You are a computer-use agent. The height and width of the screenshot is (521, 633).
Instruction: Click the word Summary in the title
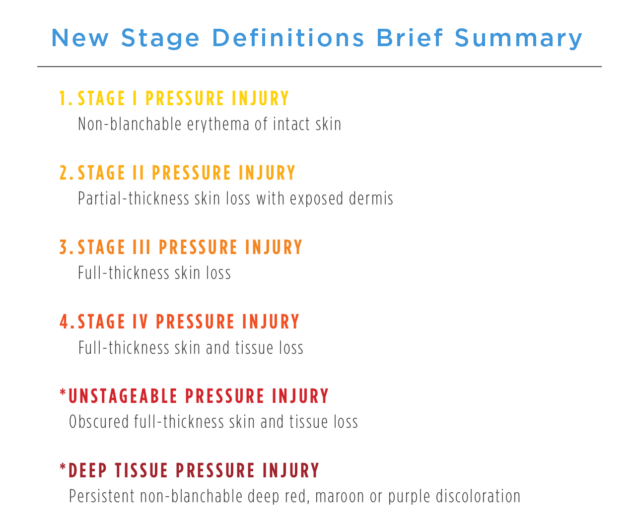tap(518, 39)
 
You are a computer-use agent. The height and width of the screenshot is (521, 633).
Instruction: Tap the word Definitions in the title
tap(288, 38)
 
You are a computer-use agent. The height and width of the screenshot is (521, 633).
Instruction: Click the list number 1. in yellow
tap(66, 99)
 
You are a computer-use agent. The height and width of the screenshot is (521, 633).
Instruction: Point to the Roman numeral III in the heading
tap(141, 248)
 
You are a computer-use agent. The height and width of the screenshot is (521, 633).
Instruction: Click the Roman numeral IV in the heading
tap(140, 322)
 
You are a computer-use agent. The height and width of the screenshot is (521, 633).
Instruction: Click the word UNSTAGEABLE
tap(123, 396)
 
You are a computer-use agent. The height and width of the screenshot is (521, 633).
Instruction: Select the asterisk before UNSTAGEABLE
tap(63, 393)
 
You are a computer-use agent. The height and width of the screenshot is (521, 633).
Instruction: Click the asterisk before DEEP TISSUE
tap(63, 468)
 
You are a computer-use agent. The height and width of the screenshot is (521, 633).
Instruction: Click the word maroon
tap(340, 497)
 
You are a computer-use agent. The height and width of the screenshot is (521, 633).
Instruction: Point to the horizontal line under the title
tap(319, 66)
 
